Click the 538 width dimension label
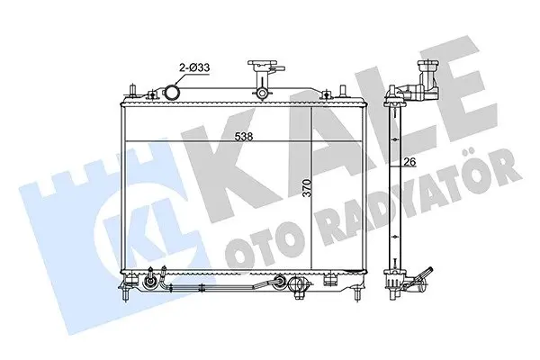tap(244, 137)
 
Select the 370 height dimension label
tap(309, 188)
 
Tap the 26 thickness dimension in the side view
tap(410, 161)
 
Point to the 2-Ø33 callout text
tap(193, 67)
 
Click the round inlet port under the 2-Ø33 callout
tap(171, 92)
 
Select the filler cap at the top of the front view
tap(262, 65)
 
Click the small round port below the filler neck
tap(262, 93)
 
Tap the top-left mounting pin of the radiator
tap(132, 92)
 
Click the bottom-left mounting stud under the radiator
tap(126, 294)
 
